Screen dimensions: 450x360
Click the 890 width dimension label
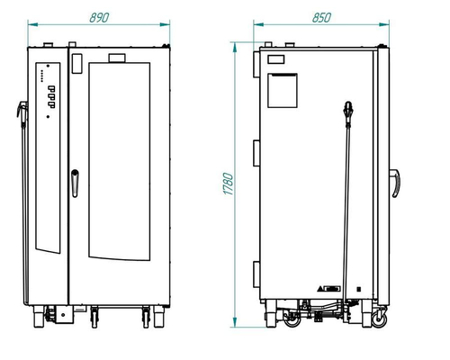point(99,18)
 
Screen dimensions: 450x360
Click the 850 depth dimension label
point(321,18)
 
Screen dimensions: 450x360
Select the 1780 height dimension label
point(229,184)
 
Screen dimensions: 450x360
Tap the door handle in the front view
point(75,184)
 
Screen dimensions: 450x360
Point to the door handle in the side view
point(395,184)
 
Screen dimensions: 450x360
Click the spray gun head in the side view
point(348,113)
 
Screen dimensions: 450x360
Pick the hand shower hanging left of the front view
point(22,114)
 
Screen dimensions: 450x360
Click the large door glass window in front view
point(120,161)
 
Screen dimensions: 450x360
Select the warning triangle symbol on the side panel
point(320,289)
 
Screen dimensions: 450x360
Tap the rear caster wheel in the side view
point(292,319)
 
